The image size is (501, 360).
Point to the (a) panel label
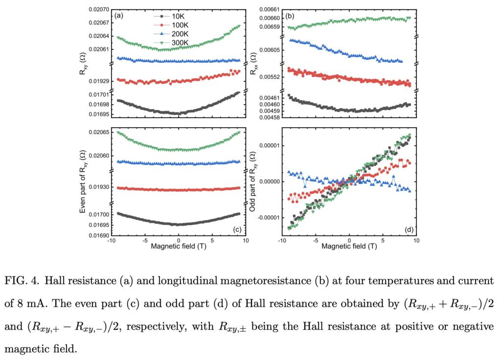[x=118, y=16]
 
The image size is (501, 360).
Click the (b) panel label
[x=290, y=16]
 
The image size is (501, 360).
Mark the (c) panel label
[x=237, y=229]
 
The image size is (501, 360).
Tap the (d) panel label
[x=407, y=229]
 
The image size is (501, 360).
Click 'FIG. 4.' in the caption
[x=23, y=281]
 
